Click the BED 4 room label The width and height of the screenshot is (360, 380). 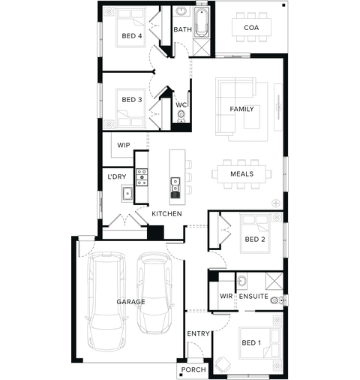coord(132,36)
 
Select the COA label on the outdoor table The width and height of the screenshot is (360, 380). coord(251,28)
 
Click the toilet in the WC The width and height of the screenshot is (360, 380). coord(181,116)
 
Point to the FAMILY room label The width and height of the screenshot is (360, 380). coord(241,109)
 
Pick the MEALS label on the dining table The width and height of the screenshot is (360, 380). coord(241,173)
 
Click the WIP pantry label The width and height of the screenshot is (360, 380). coord(124,145)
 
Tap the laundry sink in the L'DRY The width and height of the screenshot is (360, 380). coord(127,194)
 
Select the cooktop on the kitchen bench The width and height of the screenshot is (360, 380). coord(142,177)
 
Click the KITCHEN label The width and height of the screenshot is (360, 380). coord(166,214)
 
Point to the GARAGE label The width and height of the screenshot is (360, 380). coord(130,302)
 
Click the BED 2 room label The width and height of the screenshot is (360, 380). coord(255,240)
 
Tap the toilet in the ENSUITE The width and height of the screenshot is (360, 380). coord(277,300)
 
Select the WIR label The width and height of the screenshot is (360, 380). coord(226,296)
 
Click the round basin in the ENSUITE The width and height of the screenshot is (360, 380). coord(241,280)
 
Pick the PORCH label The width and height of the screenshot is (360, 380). coord(193,369)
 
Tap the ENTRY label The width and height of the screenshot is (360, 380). coord(198,333)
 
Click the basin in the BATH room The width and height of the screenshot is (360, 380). coord(181,11)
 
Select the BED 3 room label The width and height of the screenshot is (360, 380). coord(132,100)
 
